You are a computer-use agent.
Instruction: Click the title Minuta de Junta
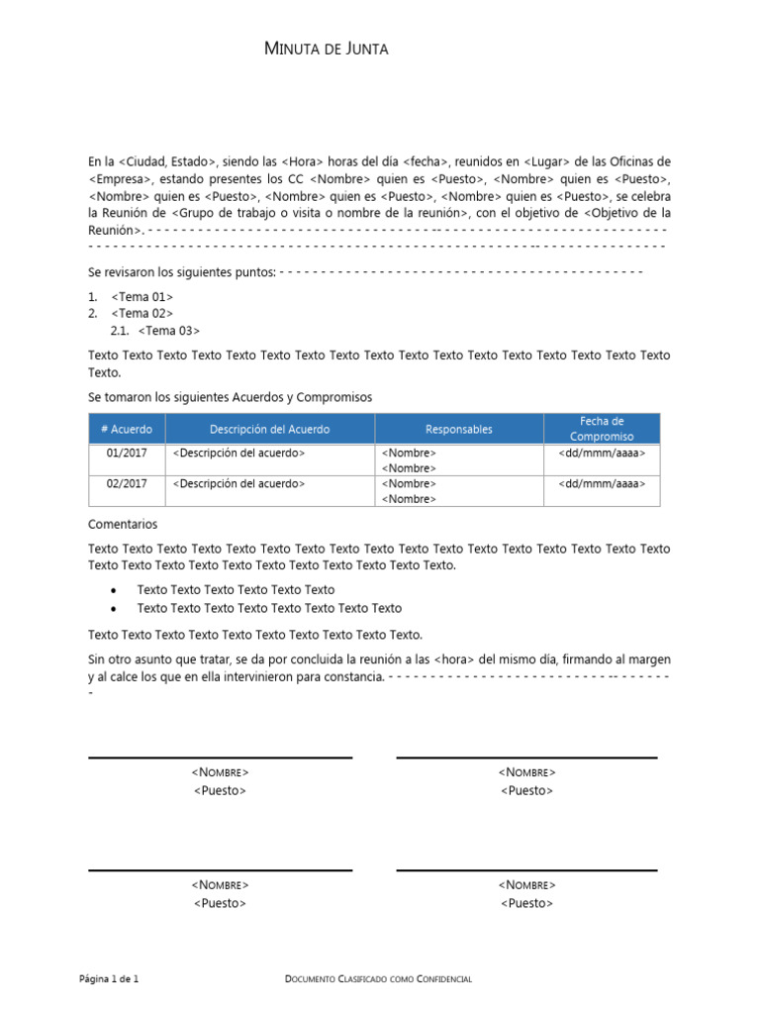(327, 50)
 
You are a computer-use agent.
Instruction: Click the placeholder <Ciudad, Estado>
(166, 161)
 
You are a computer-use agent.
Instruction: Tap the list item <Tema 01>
(142, 296)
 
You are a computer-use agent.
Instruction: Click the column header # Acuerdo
(126, 429)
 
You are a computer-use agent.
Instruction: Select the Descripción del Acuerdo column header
(269, 429)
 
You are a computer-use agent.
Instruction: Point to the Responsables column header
(458, 429)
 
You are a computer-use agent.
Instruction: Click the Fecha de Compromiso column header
(602, 429)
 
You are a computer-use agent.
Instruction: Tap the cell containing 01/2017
(126, 453)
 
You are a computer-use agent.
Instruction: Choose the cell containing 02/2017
(126, 483)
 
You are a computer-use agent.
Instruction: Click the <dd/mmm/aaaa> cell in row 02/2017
(602, 483)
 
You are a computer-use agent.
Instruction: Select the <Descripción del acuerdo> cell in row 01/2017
(238, 453)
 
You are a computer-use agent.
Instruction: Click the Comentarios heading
(123, 524)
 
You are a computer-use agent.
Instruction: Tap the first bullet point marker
(115, 590)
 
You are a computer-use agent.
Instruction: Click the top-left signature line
(220, 759)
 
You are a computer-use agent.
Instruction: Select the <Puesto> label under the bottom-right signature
(526, 903)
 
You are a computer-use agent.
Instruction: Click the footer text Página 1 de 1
(109, 979)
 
